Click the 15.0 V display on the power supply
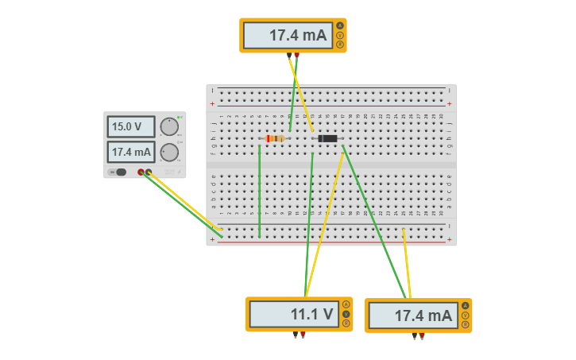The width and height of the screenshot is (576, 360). (131, 126)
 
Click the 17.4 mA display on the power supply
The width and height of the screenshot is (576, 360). (131, 152)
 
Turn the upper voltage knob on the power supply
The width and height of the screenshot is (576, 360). (169, 126)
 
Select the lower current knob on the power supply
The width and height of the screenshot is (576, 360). (169, 153)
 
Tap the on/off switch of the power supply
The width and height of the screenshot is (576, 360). (120, 172)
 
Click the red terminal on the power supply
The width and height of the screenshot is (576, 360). (141, 172)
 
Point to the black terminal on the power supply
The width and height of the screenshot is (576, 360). (149, 172)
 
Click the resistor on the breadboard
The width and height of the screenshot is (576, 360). (274, 138)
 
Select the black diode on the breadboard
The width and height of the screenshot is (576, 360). (327, 138)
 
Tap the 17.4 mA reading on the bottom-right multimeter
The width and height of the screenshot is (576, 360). (412, 315)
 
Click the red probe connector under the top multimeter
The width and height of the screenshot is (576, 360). (296, 55)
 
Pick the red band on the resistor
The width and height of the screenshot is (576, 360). (268, 138)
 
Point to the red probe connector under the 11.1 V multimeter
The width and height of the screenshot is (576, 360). (303, 334)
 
